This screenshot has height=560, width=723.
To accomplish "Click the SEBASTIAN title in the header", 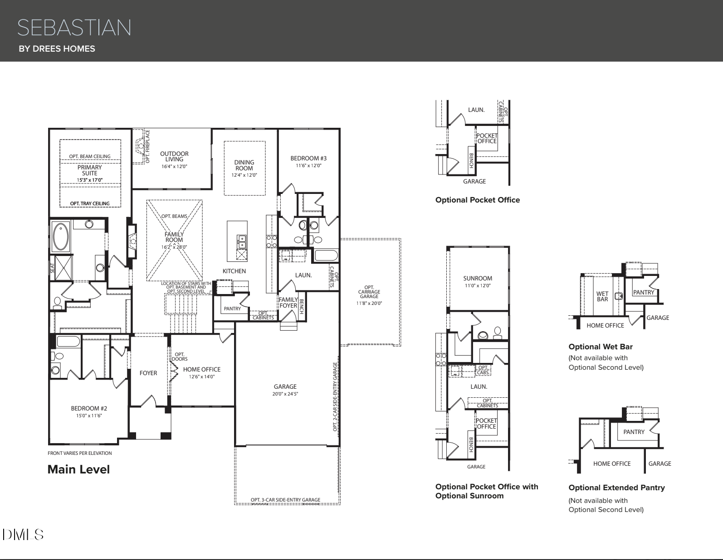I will [x=74, y=28].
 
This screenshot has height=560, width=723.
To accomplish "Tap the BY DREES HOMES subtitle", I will [x=57, y=48].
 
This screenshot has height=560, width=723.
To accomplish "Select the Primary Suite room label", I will [x=89, y=171].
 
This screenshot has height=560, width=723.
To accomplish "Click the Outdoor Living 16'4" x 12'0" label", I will [x=174, y=160].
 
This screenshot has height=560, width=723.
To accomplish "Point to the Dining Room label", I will [x=244, y=165].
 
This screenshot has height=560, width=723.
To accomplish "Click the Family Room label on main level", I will [x=174, y=237].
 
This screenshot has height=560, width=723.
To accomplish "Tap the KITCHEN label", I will [x=234, y=271].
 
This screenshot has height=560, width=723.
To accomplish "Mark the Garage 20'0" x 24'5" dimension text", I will [x=285, y=394].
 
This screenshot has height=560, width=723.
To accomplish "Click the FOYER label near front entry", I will [x=148, y=373].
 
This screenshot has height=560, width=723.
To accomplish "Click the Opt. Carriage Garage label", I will [x=369, y=292].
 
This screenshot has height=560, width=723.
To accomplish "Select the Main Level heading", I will [x=78, y=469].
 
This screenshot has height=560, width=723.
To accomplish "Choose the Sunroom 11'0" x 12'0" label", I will [x=478, y=282].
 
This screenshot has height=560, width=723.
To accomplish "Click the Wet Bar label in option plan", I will [x=602, y=296].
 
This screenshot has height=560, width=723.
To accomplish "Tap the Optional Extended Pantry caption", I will [x=616, y=488].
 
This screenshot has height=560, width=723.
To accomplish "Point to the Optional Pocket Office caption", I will [x=477, y=200].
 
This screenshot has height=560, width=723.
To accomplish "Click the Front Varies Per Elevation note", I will [x=79, y=453].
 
